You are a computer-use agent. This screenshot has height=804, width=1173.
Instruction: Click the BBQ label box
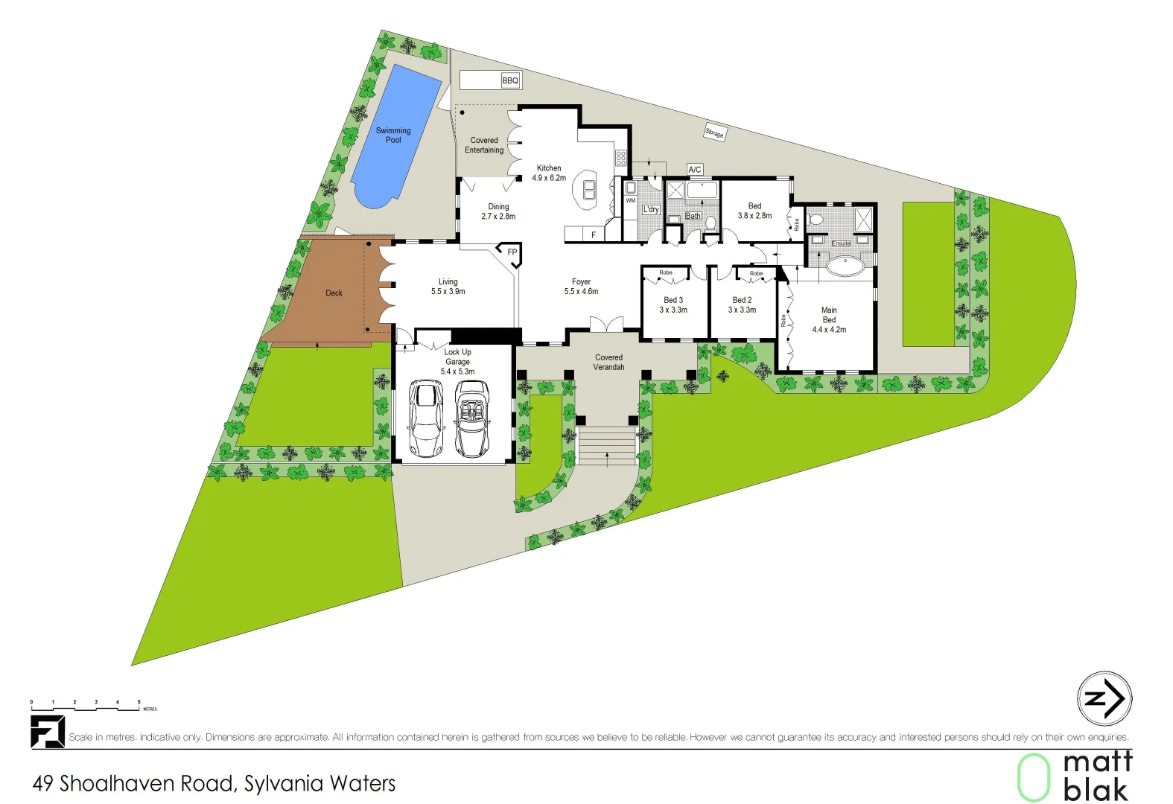coord(510,80)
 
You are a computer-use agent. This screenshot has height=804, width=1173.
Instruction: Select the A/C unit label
coord(695,170)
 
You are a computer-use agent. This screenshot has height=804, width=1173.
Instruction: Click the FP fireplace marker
coord(512,252)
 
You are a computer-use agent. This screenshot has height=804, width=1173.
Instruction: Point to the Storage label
coord(714,133)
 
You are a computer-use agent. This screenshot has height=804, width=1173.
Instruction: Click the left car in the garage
coord(427,418)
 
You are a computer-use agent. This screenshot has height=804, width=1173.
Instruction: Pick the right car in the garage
coord(472,418)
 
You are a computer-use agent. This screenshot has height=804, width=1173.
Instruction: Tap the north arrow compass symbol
coord(1104,698)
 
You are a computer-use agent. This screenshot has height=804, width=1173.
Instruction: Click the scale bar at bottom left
coord(86,706)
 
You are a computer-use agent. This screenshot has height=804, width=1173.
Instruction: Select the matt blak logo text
coord(1097,776)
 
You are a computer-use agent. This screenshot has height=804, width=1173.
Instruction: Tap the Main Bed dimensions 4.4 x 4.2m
coord(829,330)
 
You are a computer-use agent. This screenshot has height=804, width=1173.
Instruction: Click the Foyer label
coord(581,282)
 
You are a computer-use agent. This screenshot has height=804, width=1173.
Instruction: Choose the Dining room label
coord(498,207)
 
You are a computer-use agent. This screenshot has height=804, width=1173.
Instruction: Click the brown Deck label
coord(334,293)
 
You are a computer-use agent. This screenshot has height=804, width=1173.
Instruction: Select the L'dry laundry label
coord(651,210)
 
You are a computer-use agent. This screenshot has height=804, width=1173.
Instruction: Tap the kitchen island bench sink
coord(589,190)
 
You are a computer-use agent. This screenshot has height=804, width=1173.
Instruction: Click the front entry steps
coord(607,445)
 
